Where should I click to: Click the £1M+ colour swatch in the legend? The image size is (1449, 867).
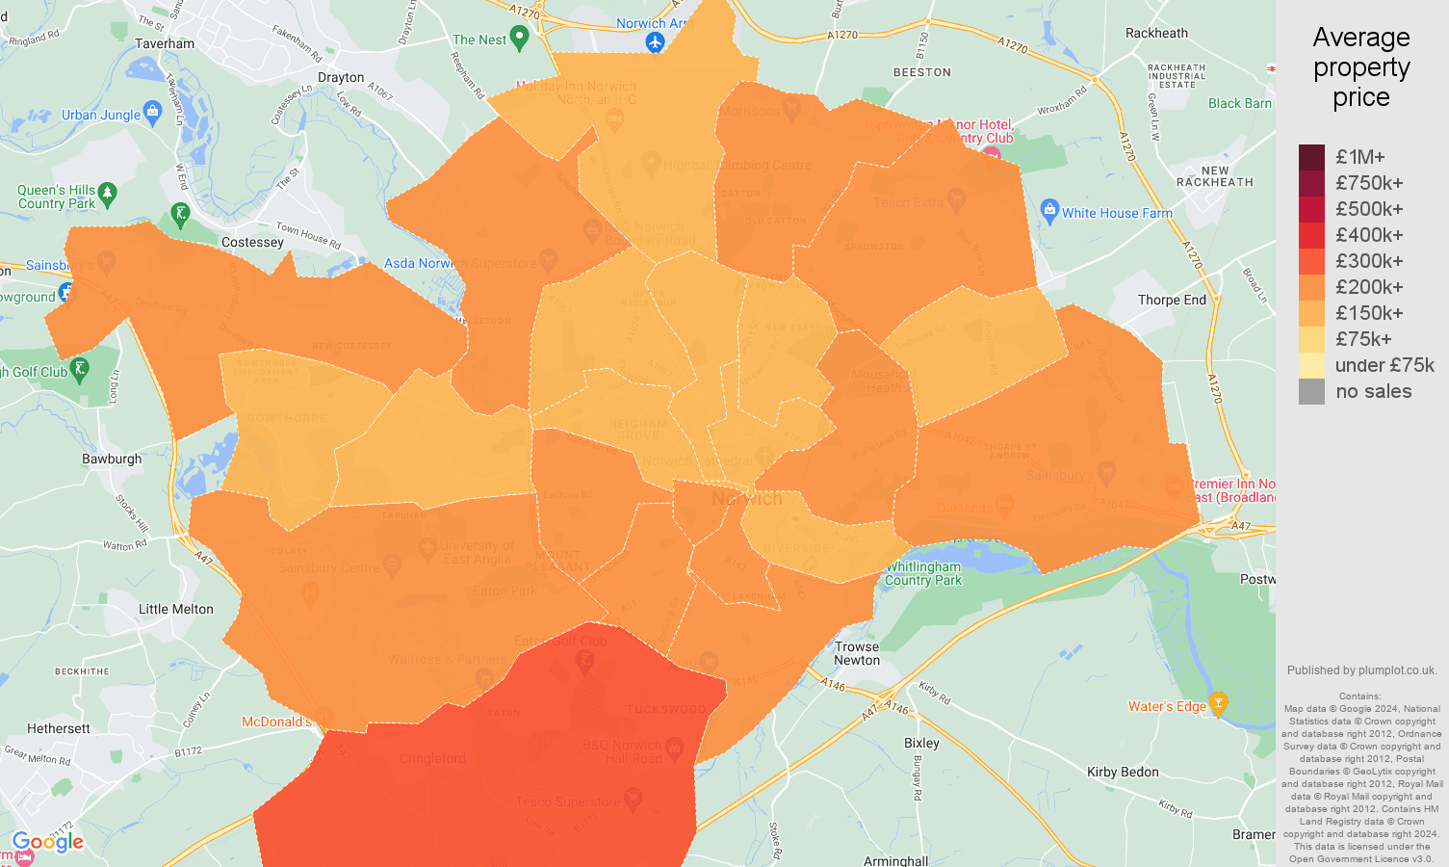coord(1311,157)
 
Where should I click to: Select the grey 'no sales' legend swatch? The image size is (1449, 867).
coord(1311,391)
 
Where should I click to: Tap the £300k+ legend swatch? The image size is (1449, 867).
coord(1311,261)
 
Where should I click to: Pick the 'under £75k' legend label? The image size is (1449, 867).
coord(1384,365)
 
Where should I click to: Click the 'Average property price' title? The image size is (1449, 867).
coord(1360,67)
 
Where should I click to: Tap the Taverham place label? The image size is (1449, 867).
coord(165,43)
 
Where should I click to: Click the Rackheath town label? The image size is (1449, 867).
coord(1156,33)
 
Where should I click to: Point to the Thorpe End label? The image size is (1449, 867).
coord(1172,300)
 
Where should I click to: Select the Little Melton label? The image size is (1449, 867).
coord(176,609)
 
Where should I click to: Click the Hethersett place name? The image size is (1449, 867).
coord(59,728)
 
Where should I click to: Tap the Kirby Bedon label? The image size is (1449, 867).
coord(1123,772)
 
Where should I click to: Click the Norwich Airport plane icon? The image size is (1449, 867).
coord(656,42)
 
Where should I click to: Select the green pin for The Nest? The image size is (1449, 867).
coord(520,39)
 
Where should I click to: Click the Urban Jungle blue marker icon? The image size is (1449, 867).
coord(152,113)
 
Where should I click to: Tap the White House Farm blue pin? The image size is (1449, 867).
coord(1049,210)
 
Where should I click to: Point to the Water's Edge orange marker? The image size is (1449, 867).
coord(1218,703)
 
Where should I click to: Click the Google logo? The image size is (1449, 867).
coord(48,842)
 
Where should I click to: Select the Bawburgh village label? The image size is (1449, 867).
coord(112,459)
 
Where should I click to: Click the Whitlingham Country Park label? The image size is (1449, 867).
coord(922,573)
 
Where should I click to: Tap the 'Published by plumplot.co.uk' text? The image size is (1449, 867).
coord(1361,670)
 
